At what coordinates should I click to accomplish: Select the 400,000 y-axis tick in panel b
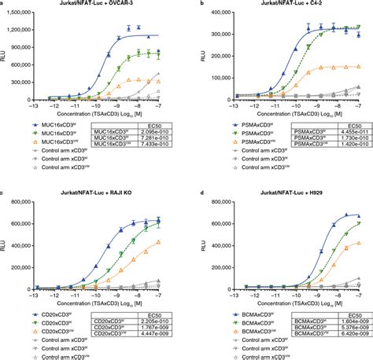(x=217, y=14)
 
